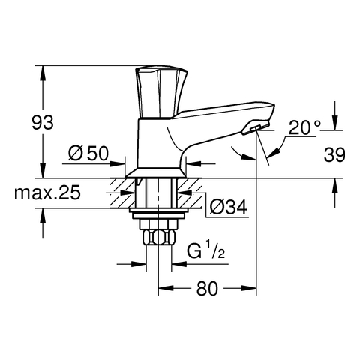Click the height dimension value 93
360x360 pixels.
click(x=43, y=122)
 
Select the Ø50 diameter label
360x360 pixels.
click(x=88, y=153)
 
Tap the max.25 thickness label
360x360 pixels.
click(x=47, y=193)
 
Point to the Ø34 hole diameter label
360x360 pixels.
click(x=228, y=207)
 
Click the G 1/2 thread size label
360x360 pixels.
click(x=206, y=250)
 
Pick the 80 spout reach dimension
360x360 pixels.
click(x=207, y=288)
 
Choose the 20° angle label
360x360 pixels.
click(x=304, y=127)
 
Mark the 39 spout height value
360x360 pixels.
click(x=334, y=154)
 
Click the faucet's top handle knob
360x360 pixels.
click(x=161, y=92)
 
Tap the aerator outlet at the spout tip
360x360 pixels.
click(x=256, y=128)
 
